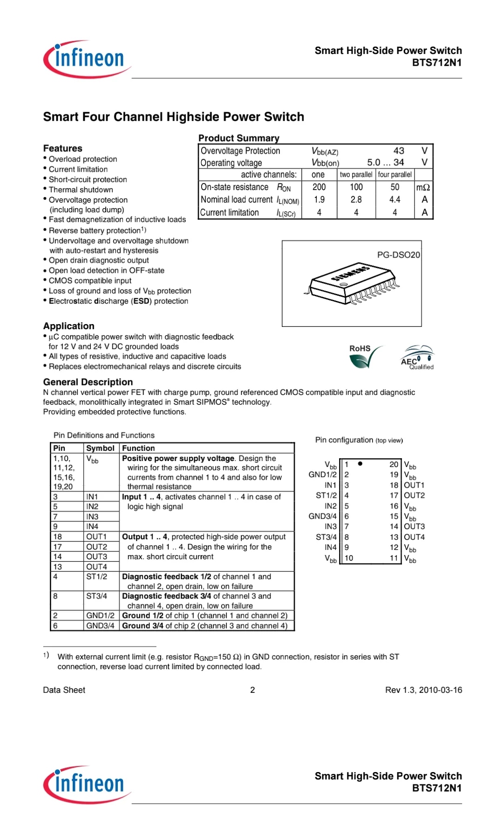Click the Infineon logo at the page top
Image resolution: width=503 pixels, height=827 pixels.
tap(87, 59)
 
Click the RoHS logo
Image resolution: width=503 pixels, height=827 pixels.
tap(366, 356)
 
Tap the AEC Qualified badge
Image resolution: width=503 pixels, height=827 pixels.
tap(417, 358)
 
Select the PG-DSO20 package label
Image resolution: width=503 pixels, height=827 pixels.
tap(398, 255)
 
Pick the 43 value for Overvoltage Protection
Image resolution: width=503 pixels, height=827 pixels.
tap(399, 151)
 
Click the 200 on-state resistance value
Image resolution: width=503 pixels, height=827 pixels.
tap(319, 187)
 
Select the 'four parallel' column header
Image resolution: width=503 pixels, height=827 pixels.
tap(394, 175)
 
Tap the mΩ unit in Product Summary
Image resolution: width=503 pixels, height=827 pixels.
tap(423, 187)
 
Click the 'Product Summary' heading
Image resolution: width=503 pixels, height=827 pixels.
tap(238, 138)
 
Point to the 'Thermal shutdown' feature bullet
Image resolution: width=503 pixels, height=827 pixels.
tap(81, 190)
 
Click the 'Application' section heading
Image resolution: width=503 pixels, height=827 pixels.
tap(68, 326)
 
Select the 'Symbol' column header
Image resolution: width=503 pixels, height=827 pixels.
tap(100, 448)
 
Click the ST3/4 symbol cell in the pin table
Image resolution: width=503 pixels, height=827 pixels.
tap(96, 596)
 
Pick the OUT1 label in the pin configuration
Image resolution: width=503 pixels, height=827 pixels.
tap(414, 485)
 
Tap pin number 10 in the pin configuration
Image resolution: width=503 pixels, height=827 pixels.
tap(349, 558)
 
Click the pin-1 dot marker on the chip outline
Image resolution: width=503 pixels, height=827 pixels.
tap(360, 464)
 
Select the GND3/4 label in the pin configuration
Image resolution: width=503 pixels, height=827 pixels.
tap(322, 516)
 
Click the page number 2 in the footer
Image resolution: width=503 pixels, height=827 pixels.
tap(252, 690)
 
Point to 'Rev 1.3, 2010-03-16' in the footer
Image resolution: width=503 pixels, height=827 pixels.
tap(423, 690)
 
